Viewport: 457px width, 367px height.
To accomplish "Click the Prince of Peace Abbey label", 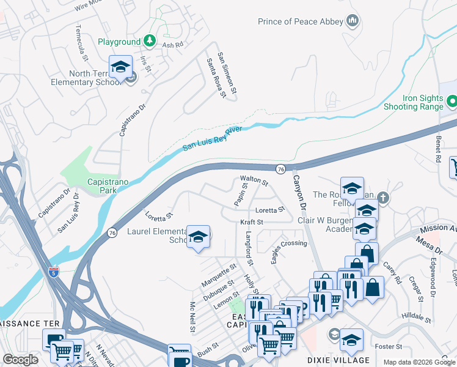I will pos(300,22).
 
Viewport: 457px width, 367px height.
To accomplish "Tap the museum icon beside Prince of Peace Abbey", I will pos(352,22).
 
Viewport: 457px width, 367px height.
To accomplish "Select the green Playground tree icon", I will pos(150,42).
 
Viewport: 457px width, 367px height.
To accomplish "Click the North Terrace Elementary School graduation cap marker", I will pos(120,68).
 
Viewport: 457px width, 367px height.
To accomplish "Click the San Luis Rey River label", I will pos(213,139).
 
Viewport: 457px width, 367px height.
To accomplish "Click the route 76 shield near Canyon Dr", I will pos(280,169).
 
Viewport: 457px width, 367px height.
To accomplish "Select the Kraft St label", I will pos(251,222).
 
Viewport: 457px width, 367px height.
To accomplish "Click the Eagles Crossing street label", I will pos(289,251).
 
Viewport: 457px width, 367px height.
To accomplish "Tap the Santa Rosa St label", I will pos(216,77).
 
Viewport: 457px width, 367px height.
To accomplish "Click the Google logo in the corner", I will pos(20,360).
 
